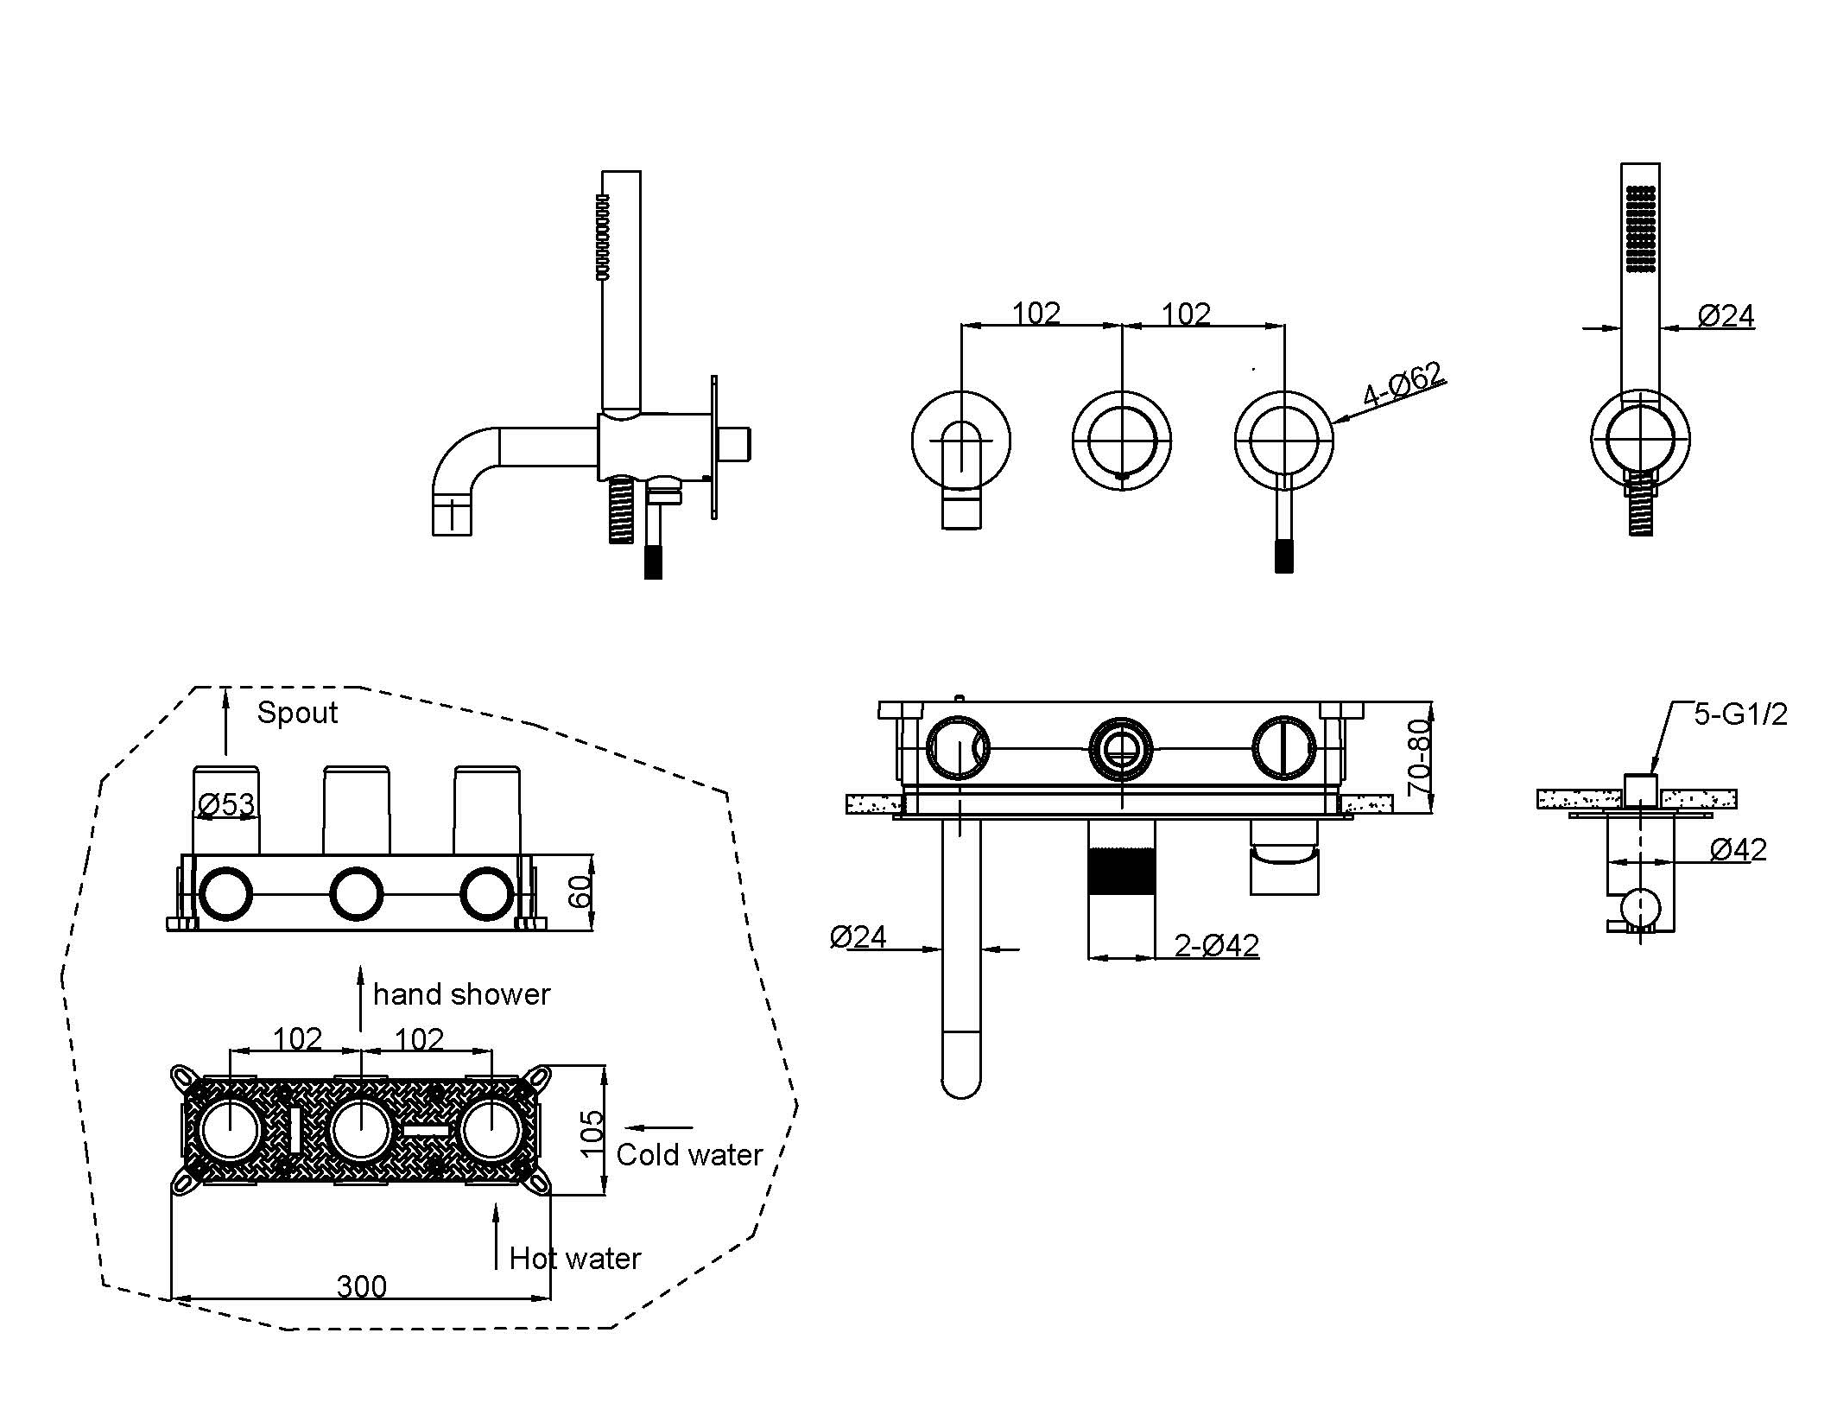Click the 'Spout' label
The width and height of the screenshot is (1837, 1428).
coord(297,714)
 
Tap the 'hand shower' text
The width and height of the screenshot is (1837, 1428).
coord(461,995)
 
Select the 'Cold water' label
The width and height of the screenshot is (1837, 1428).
coord(689,1155)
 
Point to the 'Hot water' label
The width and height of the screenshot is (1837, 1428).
coord(575,1259)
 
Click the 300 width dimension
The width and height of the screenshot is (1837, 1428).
coord(361,1287)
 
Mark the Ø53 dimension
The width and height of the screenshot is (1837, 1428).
coord(226,805)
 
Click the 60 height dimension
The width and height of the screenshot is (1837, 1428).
coord(581,891)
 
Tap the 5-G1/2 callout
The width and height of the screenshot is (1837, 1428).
coord(1740,714)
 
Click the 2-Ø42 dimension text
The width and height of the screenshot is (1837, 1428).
coord(1216,946)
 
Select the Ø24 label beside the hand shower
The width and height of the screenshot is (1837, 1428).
coord(1726,316)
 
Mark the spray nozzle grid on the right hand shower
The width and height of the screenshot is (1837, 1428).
coord(1640,229)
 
